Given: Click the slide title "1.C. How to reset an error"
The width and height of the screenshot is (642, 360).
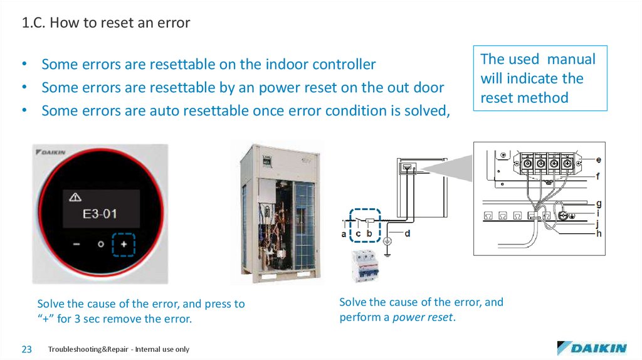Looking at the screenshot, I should point(106,23).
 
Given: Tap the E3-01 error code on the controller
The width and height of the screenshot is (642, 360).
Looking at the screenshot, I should point(100,214).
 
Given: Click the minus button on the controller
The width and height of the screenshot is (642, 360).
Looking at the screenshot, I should point(76,244).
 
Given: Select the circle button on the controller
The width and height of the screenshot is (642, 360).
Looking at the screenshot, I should point(100,244).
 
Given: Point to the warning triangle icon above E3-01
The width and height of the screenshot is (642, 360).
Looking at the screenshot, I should point(75,198).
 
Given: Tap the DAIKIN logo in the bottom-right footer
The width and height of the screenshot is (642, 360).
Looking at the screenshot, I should point(591,348).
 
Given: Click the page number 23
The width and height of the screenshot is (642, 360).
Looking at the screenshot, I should point(27,349).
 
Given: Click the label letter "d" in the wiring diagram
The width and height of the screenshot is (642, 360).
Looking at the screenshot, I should point(408,234).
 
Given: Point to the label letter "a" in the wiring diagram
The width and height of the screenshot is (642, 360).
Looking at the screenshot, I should point(344,234).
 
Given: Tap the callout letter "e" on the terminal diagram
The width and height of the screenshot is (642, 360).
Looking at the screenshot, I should point(599,161).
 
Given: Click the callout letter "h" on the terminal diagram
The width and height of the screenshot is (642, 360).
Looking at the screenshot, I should point(599,234).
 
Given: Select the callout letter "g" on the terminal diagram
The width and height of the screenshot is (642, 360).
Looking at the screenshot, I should point(599,204).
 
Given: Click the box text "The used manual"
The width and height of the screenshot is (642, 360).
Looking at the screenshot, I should point(538,60).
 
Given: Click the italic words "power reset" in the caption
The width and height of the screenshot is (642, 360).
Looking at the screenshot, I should point(423,317).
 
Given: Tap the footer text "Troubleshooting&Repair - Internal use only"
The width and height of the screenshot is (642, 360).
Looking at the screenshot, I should point(118,349).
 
